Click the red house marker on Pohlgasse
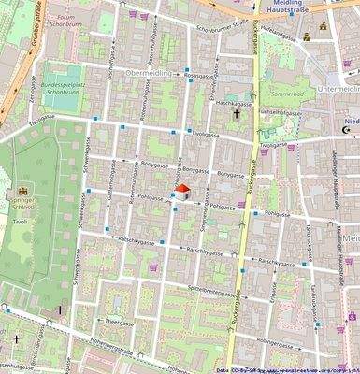coord(182,192)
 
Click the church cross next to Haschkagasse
coord(238,115)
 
